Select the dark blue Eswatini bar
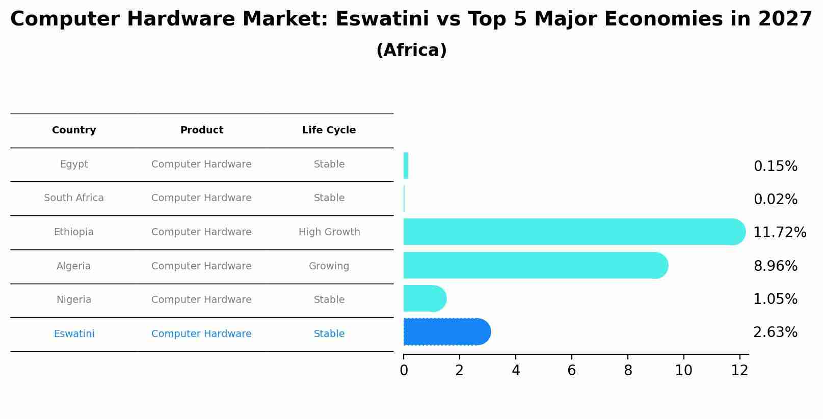(x=446, y=332)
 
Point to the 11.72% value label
(x=779, y=233)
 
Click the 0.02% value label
(x=775, y=200)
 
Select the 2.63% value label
(x=775, y=332)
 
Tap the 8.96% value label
(x=775, y=266)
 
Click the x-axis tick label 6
(x=572, y=371)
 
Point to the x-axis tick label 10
(x=683, y=371)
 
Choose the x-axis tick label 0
(x=404, y=371)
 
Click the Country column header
(x=74, y=130)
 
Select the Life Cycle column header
(x=329, y=130)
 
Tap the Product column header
(x=202, y=130)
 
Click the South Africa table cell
(x=74, y=198)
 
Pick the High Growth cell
(x=329, y=232)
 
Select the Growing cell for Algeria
(x=329, y=266)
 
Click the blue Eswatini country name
(x=74, y=334)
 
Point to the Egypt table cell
(x=74, y=164)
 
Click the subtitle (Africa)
(x=411, y=50)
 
